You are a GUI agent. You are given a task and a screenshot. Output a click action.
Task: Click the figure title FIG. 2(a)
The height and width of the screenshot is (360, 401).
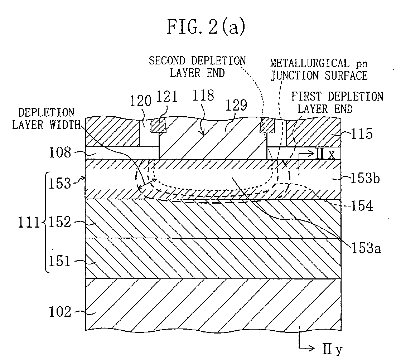[206, 27]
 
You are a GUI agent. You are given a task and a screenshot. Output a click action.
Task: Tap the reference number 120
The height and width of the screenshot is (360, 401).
[141, 101]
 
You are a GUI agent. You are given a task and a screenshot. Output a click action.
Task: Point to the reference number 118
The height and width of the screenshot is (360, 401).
[203, 96]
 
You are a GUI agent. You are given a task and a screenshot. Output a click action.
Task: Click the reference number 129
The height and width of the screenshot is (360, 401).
[236, 105]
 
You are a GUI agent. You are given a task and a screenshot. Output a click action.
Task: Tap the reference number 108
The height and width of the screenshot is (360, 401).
[60, 153]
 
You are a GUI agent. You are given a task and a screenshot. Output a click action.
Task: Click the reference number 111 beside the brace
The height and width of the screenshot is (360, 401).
[29, 223]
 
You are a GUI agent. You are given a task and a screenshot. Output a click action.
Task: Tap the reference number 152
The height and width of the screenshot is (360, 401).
[59, 222]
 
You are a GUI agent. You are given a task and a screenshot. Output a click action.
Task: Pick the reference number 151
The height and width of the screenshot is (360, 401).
[59, 261]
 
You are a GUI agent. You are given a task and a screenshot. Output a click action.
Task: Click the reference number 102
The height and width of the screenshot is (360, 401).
[60, 312]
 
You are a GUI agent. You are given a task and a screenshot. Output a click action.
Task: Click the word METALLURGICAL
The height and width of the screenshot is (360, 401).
[310, 63]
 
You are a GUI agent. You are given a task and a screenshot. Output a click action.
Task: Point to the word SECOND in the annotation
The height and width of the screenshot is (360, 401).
[167, 61]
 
